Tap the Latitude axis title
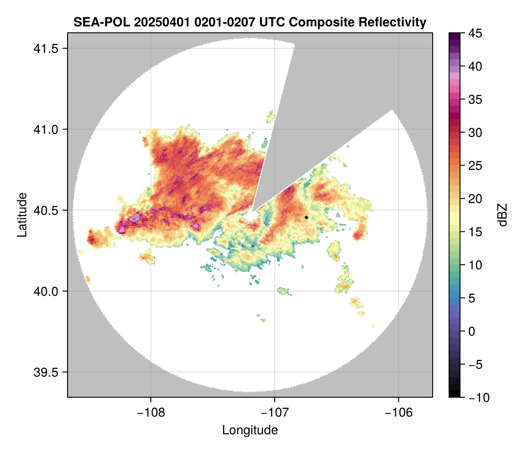click(x=21, y=215)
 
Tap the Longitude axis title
click(x=250, y=430)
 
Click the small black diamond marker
click(x=307, y=217)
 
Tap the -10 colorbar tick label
click(x=475, y=397)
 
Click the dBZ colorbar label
click(x=502, y=215)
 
